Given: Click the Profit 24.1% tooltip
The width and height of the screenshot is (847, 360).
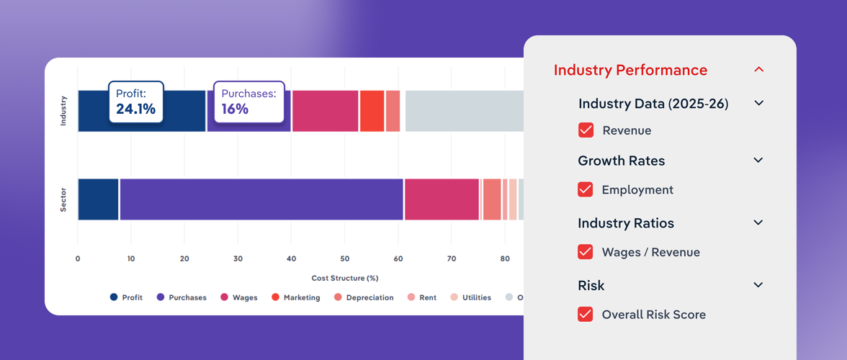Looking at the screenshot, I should pos(136,102).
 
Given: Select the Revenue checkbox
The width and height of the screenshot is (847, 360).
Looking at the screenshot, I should pos(586,130).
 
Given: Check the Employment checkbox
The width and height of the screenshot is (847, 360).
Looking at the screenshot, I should pos(586,190).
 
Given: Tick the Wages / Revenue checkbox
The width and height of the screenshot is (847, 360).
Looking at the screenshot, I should pos(586,252).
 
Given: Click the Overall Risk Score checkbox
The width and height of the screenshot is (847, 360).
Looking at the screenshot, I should pos(586,315).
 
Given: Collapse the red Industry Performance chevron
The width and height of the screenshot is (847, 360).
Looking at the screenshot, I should pos(758,70).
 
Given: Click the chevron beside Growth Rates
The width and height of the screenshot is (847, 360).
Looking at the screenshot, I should pos(758,161).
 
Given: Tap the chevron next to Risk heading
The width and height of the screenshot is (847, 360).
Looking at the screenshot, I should pos(758,285).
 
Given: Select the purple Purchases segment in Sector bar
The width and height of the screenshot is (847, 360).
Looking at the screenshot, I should pos(261,199).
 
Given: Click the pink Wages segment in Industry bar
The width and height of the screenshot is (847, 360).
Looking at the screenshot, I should pos(325,111).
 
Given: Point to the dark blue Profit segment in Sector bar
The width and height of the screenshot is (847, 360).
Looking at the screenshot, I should pos(98,199).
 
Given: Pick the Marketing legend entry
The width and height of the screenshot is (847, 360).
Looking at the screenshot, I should pos(296,297).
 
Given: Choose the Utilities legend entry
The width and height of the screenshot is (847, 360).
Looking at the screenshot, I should pos(471,297).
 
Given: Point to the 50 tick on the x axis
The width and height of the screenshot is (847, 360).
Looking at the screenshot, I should pos(344,259).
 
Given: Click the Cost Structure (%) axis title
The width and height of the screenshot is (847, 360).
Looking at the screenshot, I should pos(344,278).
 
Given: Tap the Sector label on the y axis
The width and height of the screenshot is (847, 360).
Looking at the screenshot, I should pos(63,199).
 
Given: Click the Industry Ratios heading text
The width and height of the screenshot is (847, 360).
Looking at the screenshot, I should pos(626,223).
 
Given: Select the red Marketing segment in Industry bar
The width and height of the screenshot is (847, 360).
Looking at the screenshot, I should pos(372,111).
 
